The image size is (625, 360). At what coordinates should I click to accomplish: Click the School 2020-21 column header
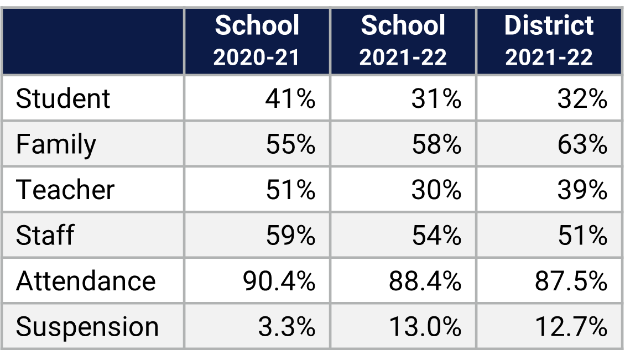[257, 41]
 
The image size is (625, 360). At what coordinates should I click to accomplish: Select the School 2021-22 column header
[403, 41]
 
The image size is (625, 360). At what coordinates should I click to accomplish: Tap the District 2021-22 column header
[549, 41]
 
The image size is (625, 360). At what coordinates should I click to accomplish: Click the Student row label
[63, 98]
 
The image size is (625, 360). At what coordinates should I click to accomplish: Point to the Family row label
[56, 145]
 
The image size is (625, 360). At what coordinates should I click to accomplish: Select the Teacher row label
[65, 190]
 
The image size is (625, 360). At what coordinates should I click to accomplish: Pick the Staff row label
[45, 236]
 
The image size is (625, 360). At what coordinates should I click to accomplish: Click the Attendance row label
[86, 281]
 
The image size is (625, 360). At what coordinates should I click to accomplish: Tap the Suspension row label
[87, 327]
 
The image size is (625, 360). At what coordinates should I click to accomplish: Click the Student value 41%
[290, 98]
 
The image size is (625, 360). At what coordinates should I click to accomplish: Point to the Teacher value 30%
[436, 190]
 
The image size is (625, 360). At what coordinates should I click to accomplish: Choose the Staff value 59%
[290, 236]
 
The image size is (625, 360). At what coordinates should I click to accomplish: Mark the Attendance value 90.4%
[279, 281]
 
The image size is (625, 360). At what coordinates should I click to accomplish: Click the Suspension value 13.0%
[425, 327]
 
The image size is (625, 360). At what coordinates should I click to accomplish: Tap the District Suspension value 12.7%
[571, 327]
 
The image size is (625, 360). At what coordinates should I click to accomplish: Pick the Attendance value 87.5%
[571, 281]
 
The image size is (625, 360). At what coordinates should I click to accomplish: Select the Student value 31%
[436, 98]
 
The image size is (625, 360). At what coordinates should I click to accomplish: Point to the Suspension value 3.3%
[287, 327]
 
